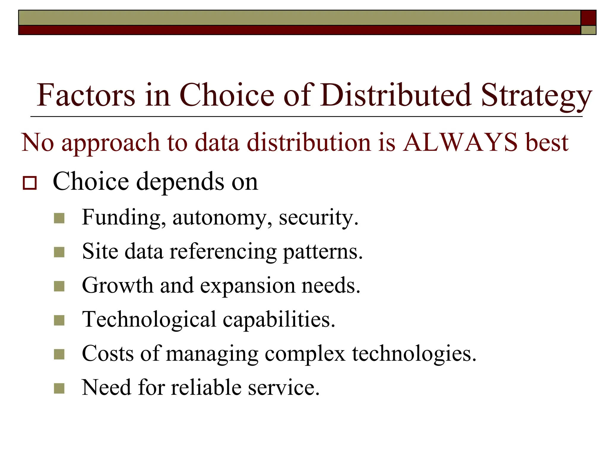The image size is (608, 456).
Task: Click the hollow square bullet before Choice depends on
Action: tap(30, 183)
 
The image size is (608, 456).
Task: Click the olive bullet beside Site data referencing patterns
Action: tap(59, 252)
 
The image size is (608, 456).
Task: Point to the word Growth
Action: tap(117, 286)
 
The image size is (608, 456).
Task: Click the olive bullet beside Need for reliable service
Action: tap(59, 388)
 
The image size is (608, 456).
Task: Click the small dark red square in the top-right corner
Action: tap(588, 18)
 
